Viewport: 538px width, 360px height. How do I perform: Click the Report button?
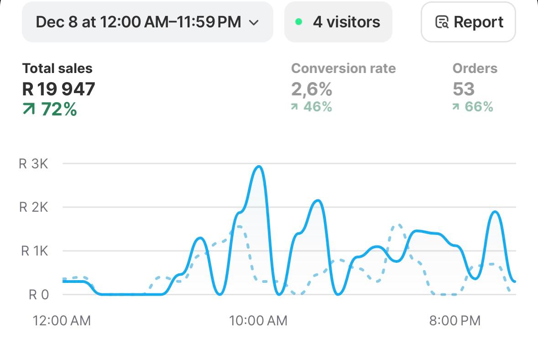(469, 22)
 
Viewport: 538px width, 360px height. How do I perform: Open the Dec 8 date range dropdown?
(147, 22)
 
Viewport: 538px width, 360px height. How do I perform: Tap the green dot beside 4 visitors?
(299, 21)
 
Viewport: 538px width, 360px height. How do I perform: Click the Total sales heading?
(57, 68)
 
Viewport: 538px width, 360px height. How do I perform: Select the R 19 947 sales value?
(58, 89)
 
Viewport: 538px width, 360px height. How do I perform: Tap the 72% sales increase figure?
(50, 110)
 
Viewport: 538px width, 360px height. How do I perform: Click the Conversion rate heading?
(343, 68)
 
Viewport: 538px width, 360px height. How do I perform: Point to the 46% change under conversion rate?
(312, 107)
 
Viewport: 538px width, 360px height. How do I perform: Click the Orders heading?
(475, 68)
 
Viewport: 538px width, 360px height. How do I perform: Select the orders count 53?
(464, 89)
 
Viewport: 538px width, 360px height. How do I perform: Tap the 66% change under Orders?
(473, 107)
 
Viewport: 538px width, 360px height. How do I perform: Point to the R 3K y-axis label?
(33, 164)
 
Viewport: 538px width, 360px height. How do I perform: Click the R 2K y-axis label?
(33, 208)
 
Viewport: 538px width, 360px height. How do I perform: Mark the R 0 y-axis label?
(39, 295)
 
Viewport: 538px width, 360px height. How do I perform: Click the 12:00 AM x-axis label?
(62, 321)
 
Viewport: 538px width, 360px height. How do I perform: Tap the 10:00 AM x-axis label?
(258, 321)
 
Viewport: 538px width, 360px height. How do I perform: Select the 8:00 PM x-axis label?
(454, 321)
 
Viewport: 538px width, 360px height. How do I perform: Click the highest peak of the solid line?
(259, 167)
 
